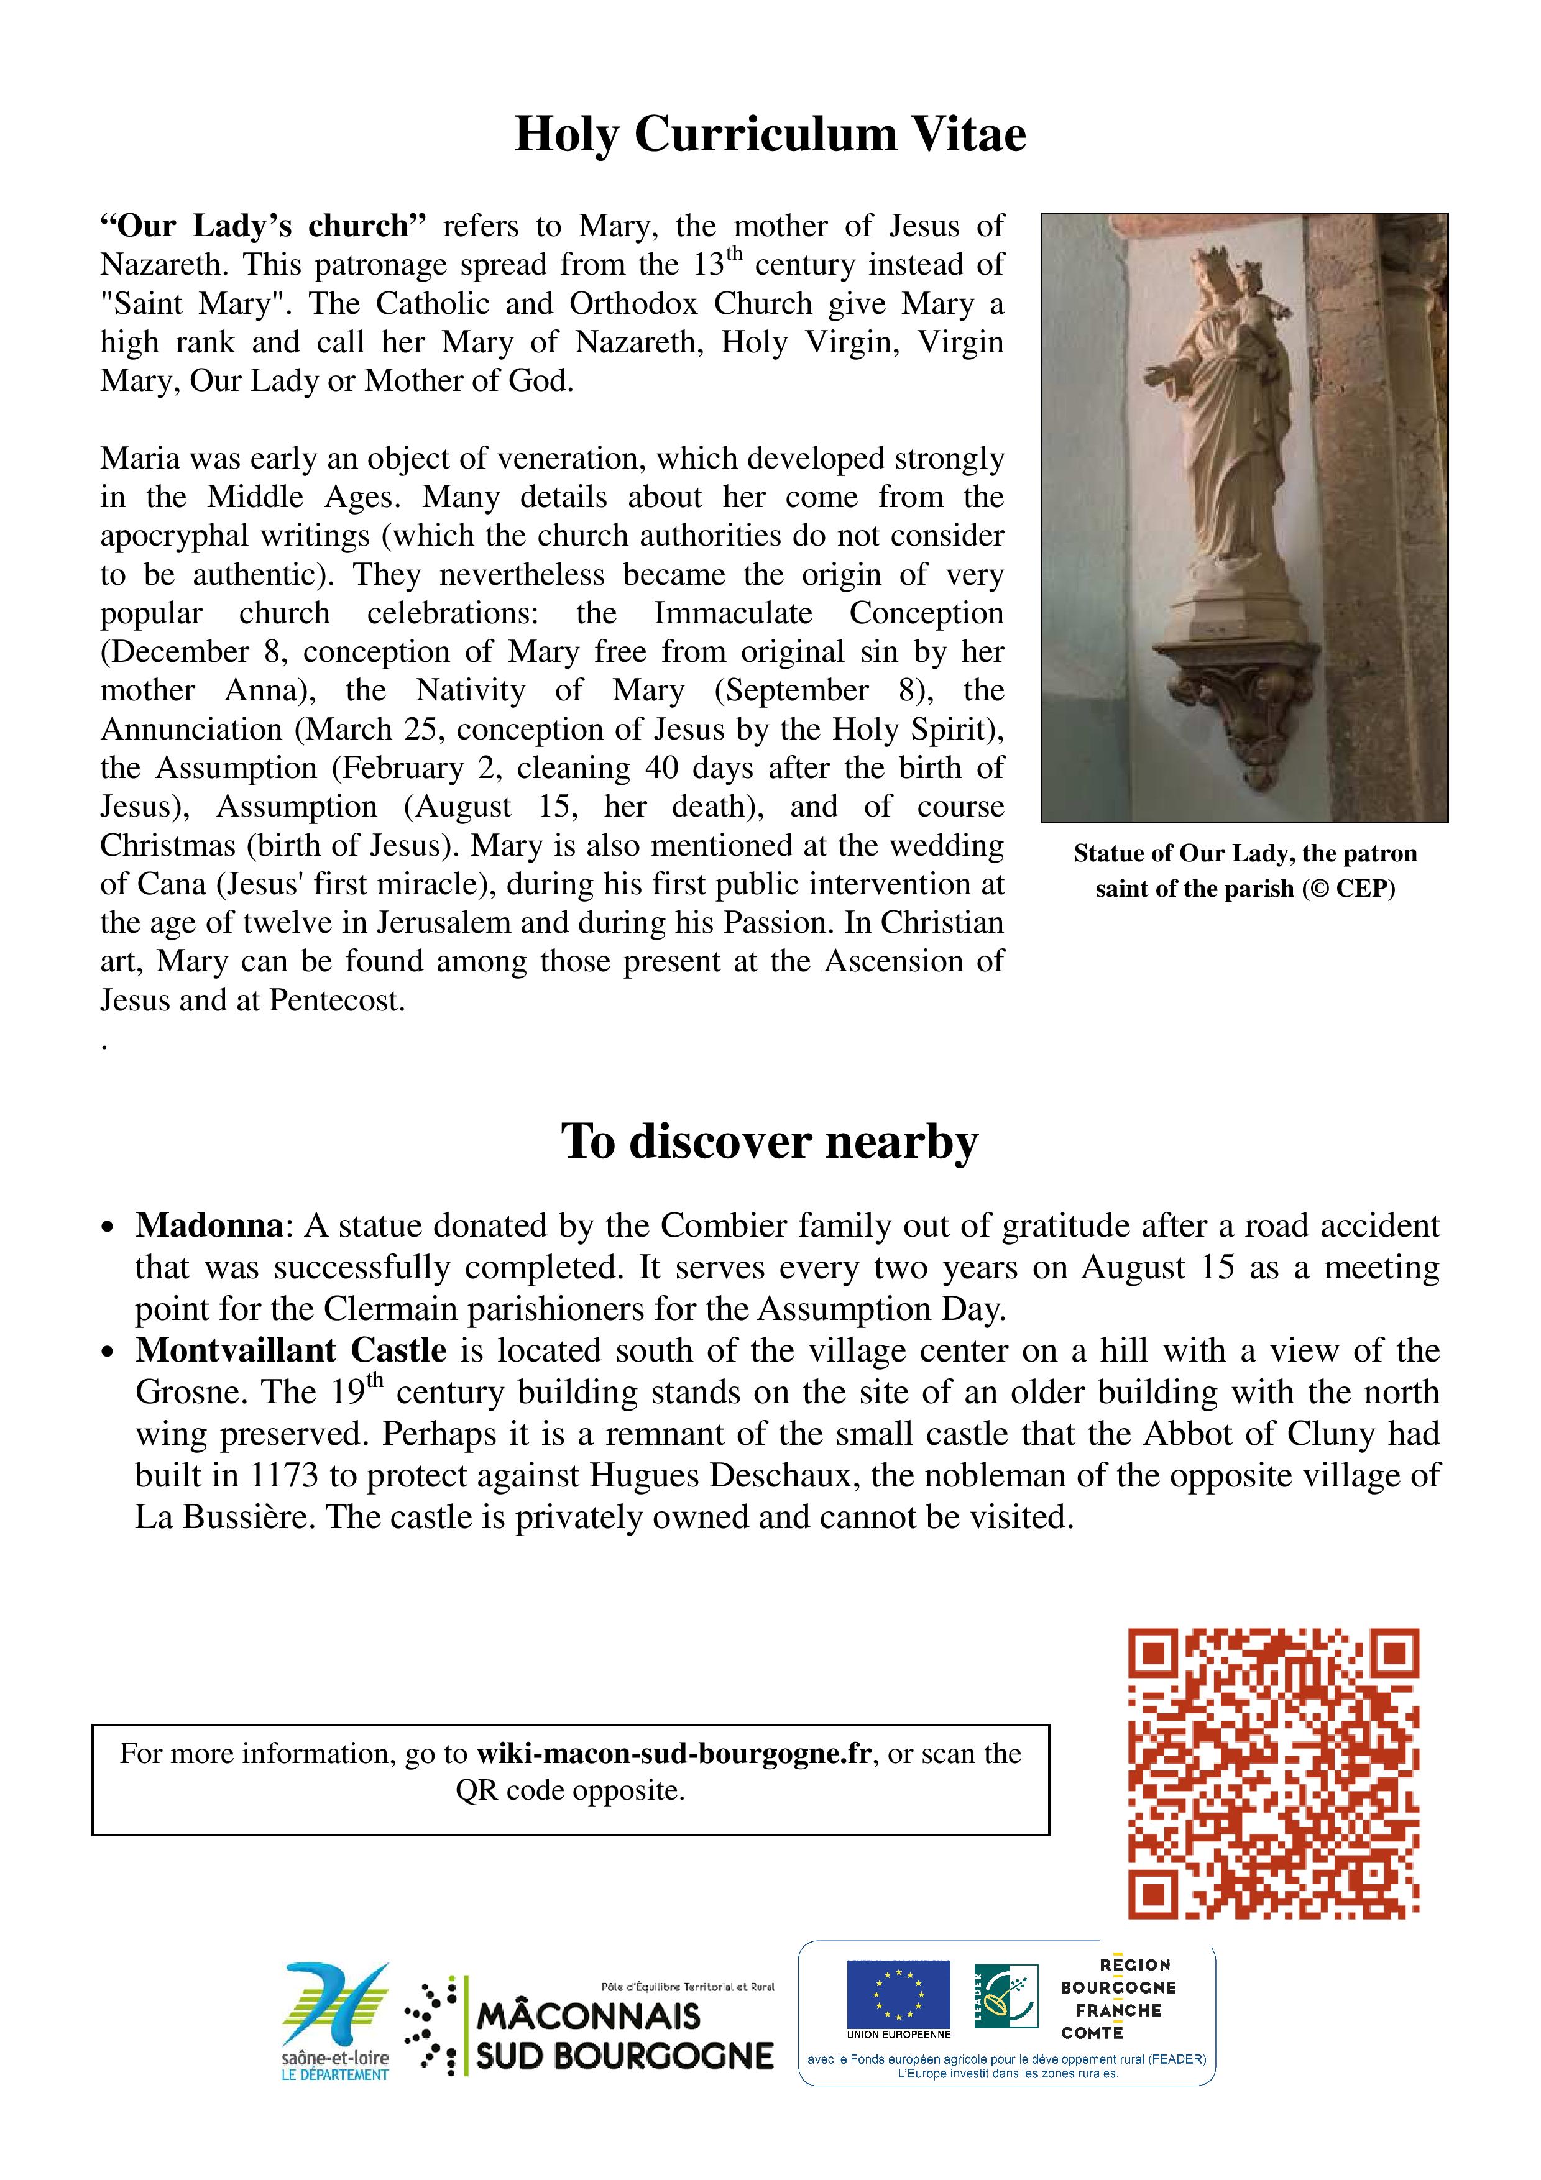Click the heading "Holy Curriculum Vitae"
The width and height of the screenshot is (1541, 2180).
[x=770, y=134]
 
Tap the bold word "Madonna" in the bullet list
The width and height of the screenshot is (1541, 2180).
[x=209, y=1225]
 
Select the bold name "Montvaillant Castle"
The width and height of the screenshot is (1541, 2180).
[x=290, y=1350]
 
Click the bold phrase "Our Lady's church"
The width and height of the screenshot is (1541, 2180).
[x=263, y=226]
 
